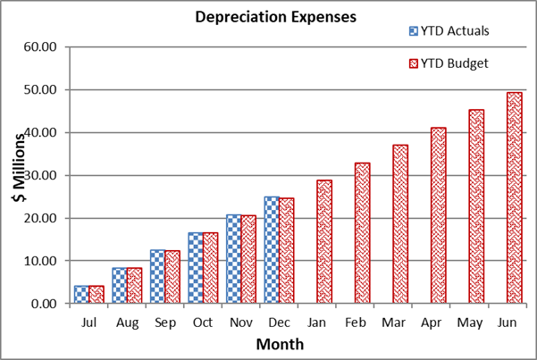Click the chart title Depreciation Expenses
pyautogui.click(x=268, y=16)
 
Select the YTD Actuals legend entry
pyautogui.click(x=452, y=30)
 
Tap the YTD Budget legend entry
pyautogui.click(x=451, y=63)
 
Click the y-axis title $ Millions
pyautogui.click(x=19, y=174)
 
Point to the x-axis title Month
pyautogui.click(x=280, y=344)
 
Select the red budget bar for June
pyautogui.click(x=515, y=197)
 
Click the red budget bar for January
pyautogui.click(x=323, y=241)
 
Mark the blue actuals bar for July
pyautogui.click(x=81, y=295)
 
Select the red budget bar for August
pyautogui.click(x=134, y=286)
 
